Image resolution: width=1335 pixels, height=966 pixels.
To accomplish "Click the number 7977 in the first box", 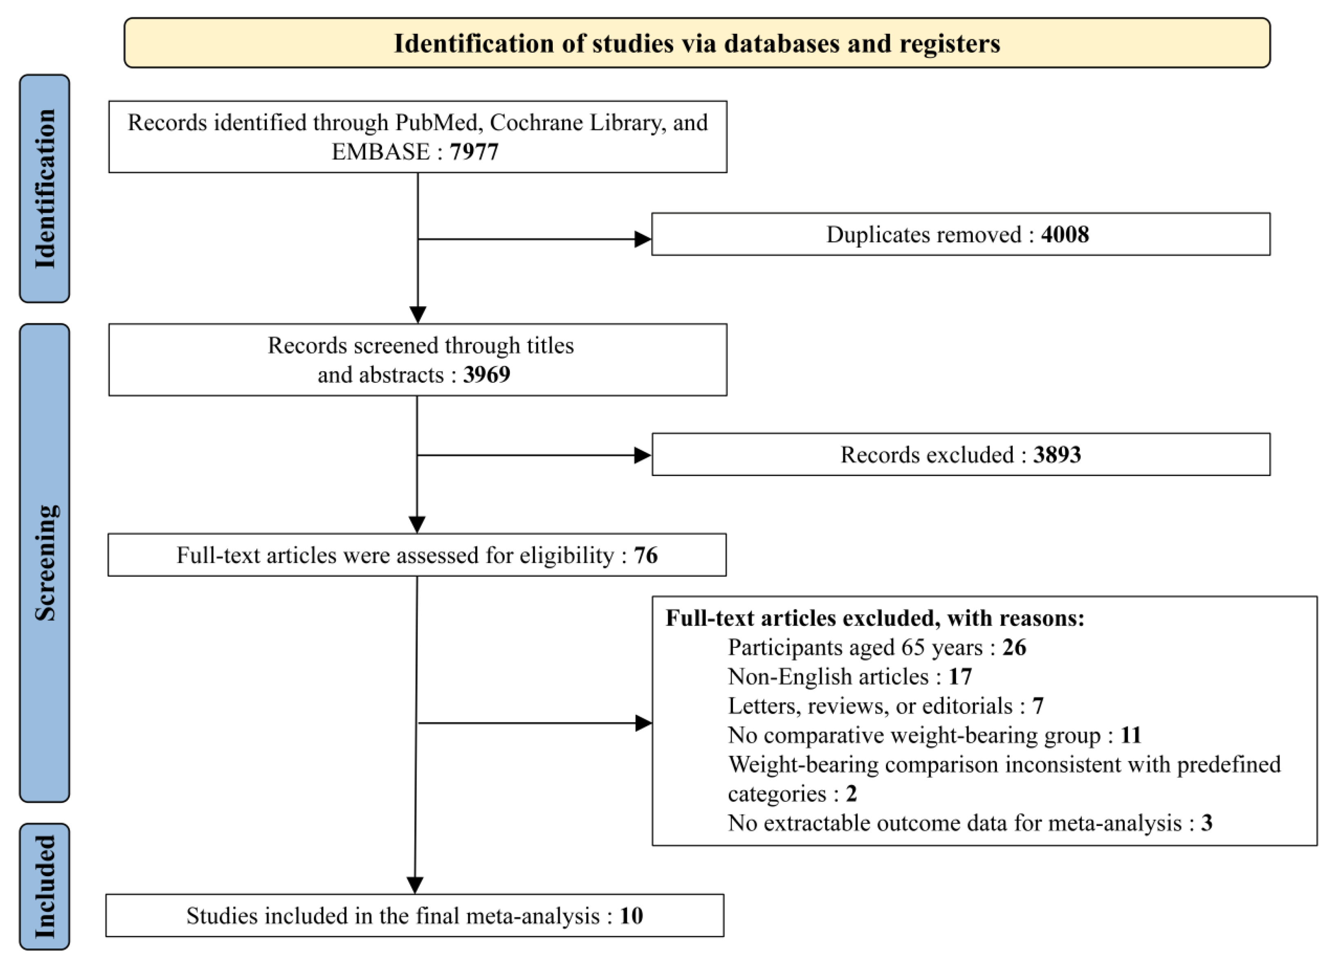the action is tap(474, 152).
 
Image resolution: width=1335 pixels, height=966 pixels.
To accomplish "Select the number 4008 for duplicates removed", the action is tap(1065, 234).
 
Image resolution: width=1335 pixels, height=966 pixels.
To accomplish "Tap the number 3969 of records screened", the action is tap(486, 374).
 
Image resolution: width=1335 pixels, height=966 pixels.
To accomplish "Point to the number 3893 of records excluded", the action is tap(1057, 454).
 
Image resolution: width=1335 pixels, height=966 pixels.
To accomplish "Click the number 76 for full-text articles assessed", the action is tap(646, 555).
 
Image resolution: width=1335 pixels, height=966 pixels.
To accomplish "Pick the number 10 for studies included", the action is tap(631, 915).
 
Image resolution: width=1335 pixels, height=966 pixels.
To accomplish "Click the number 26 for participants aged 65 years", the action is tap(1014, 647).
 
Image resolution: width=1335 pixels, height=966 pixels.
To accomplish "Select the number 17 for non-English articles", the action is tap(960, 677).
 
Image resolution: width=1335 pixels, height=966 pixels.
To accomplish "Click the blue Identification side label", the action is tap(45, 188).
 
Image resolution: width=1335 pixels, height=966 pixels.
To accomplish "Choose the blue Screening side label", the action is tap(45, 563).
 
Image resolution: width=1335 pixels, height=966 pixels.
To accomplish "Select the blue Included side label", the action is tap(45, 886).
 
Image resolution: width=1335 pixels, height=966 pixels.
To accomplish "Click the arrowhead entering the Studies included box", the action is tap(415, 885).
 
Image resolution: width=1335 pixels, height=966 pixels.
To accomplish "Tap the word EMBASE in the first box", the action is tap(381, 152).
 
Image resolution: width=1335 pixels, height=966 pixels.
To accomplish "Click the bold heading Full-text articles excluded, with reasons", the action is tap(875, 618).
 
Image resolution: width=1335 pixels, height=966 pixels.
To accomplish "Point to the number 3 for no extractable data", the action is tap(1207, 822).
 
